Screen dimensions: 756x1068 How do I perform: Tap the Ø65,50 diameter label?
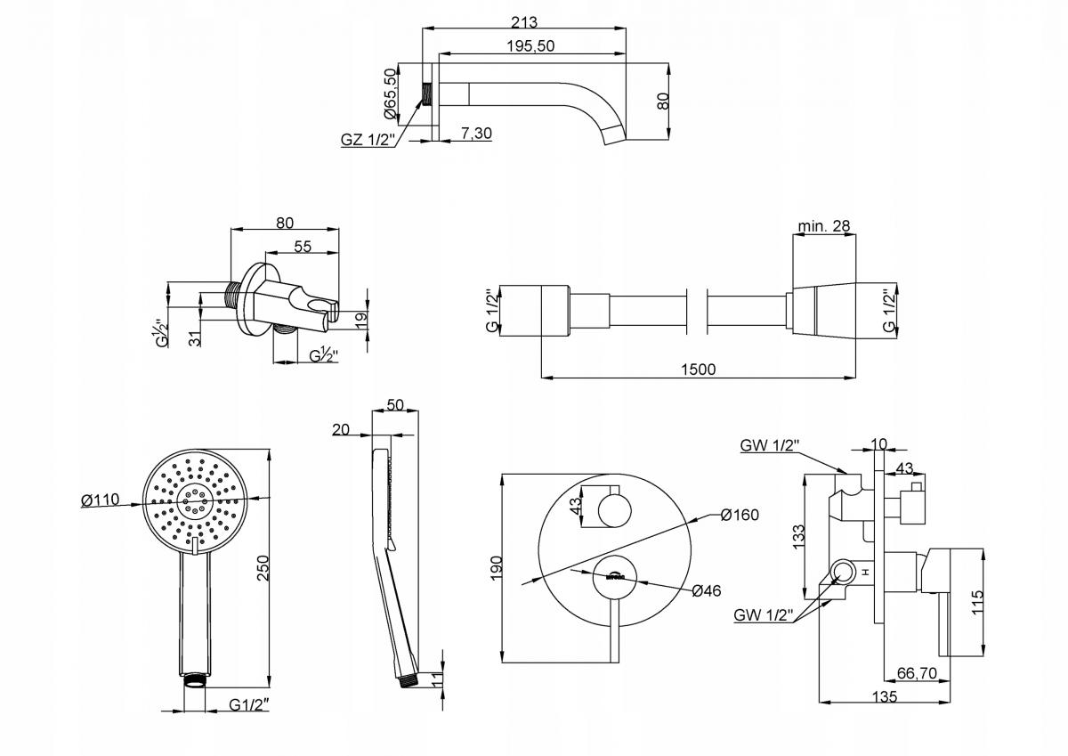click(391, 95)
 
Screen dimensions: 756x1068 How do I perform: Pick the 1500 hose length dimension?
click(697, 370)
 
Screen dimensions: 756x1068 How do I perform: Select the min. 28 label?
click(824, 225)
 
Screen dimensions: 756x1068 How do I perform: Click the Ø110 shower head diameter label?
click(100, 500)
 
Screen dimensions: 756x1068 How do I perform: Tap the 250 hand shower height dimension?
click(262, 567)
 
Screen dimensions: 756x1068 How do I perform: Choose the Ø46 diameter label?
click(706, 589)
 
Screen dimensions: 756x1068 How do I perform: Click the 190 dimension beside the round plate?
click(497, 567)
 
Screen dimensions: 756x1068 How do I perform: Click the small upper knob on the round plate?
click(611, 509)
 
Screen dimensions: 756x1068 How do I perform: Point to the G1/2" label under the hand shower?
click(249, 705)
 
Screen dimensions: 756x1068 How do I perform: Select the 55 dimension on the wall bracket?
click(303, 246)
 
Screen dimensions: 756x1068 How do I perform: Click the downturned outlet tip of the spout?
click(613, 134)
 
